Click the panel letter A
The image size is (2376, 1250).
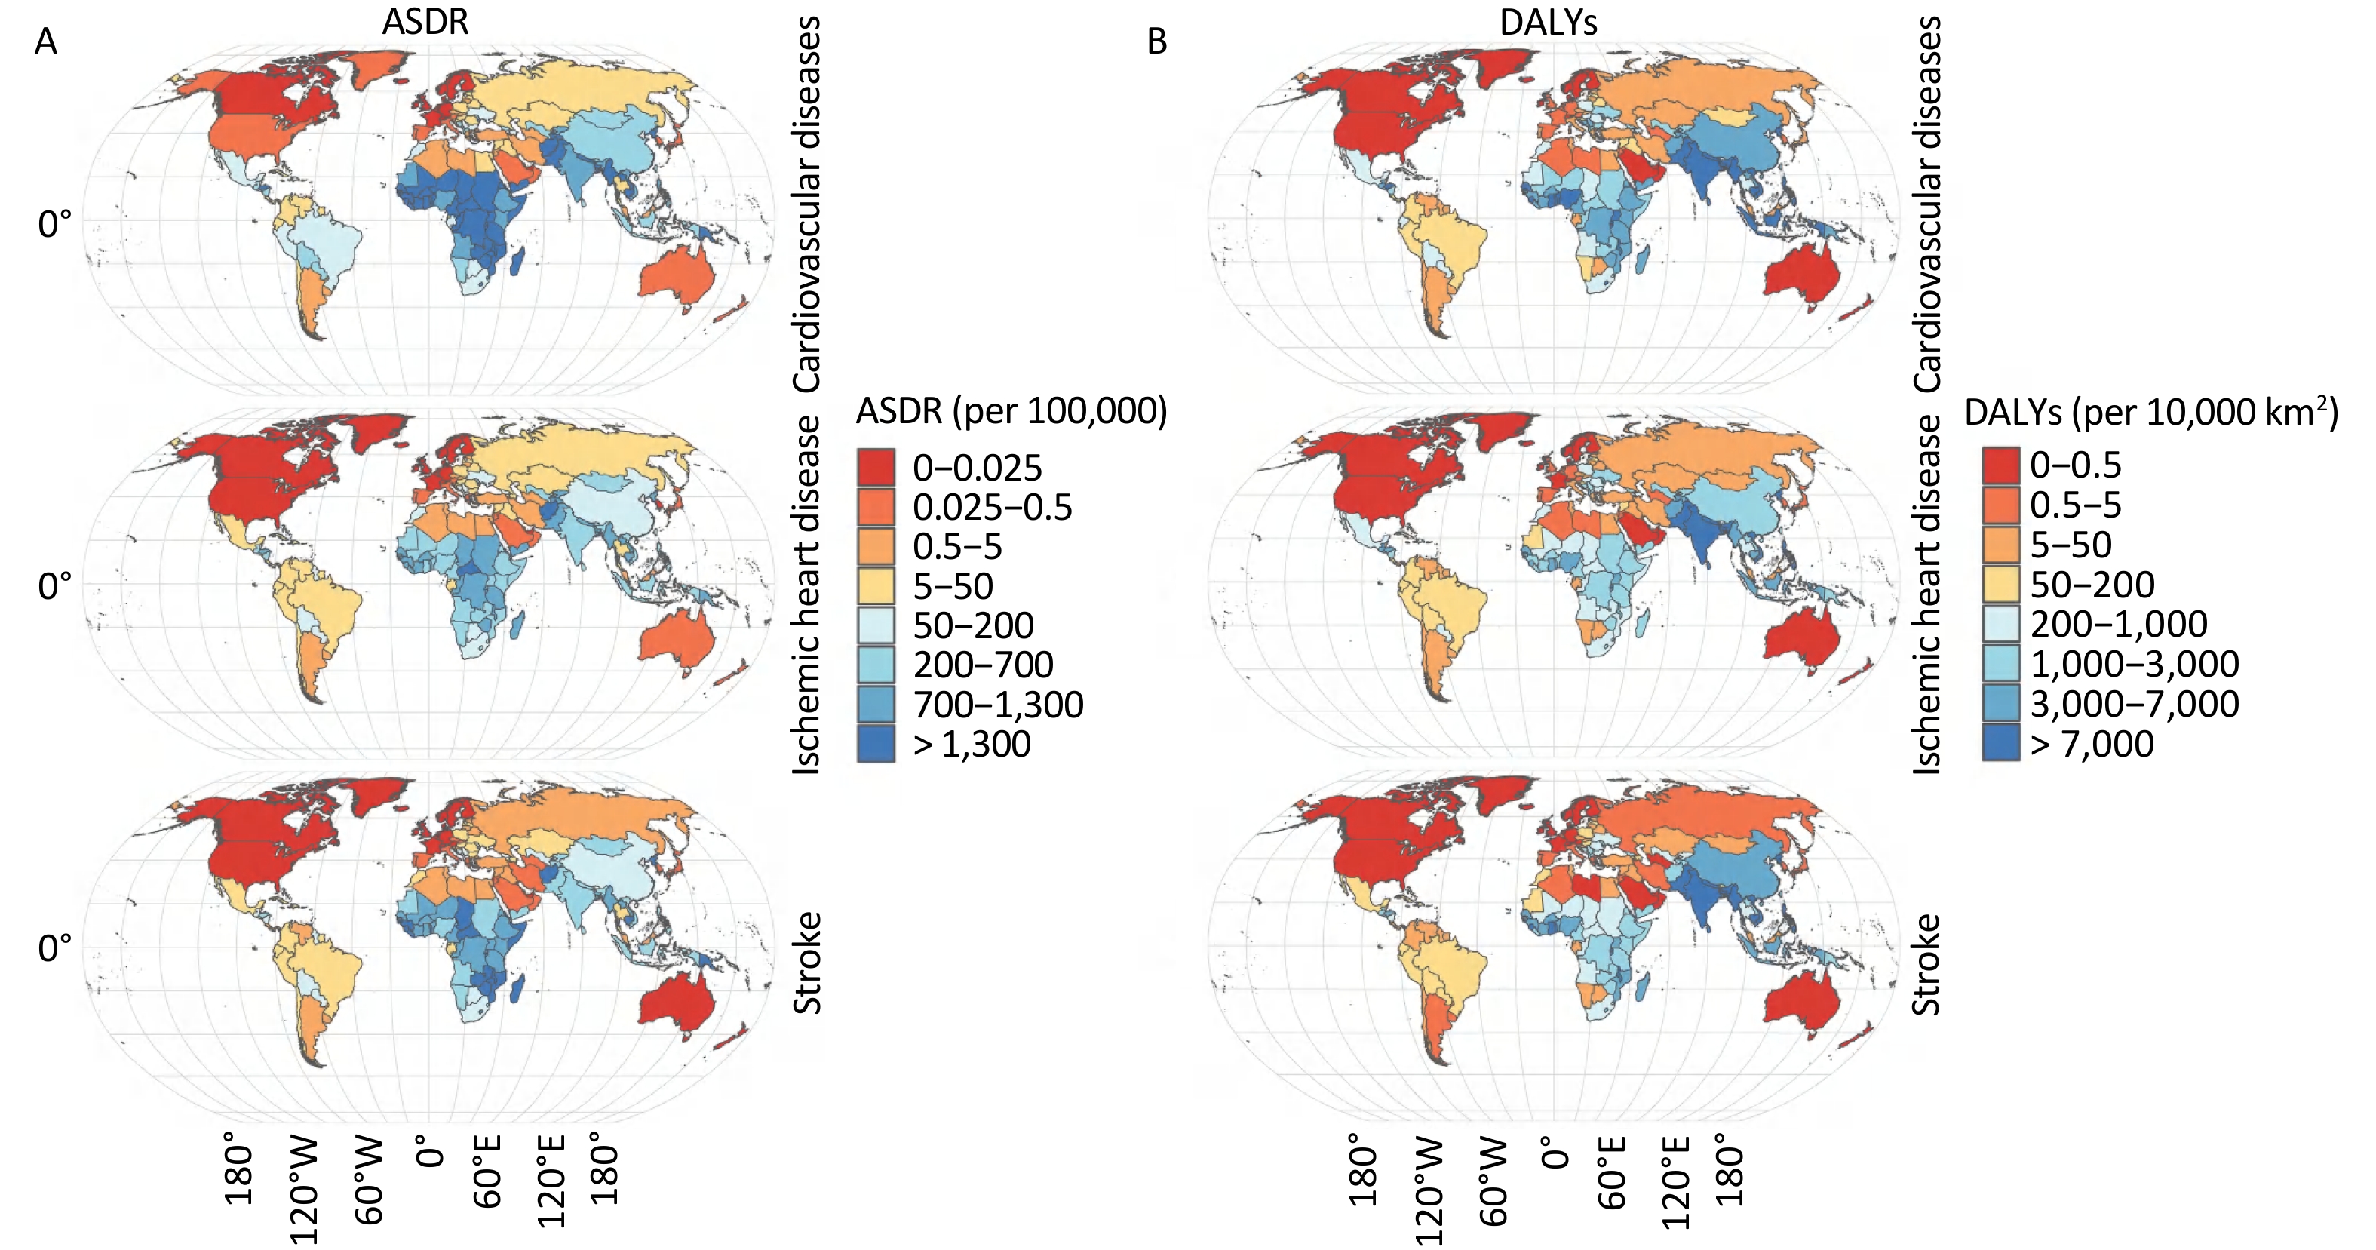45,41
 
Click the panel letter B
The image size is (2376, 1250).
1156,41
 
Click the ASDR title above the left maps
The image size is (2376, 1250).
425,22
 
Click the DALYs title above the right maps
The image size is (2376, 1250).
1548,22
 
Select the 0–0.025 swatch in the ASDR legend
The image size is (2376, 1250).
875,468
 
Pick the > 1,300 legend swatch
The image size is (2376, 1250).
875,744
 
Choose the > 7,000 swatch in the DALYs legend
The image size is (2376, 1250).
2000,744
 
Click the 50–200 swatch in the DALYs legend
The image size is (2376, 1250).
2000,585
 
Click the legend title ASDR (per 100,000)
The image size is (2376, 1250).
1011,411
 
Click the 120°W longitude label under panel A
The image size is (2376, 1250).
305,1190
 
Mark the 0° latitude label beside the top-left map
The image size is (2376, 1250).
54,224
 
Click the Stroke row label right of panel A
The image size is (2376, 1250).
808,962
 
